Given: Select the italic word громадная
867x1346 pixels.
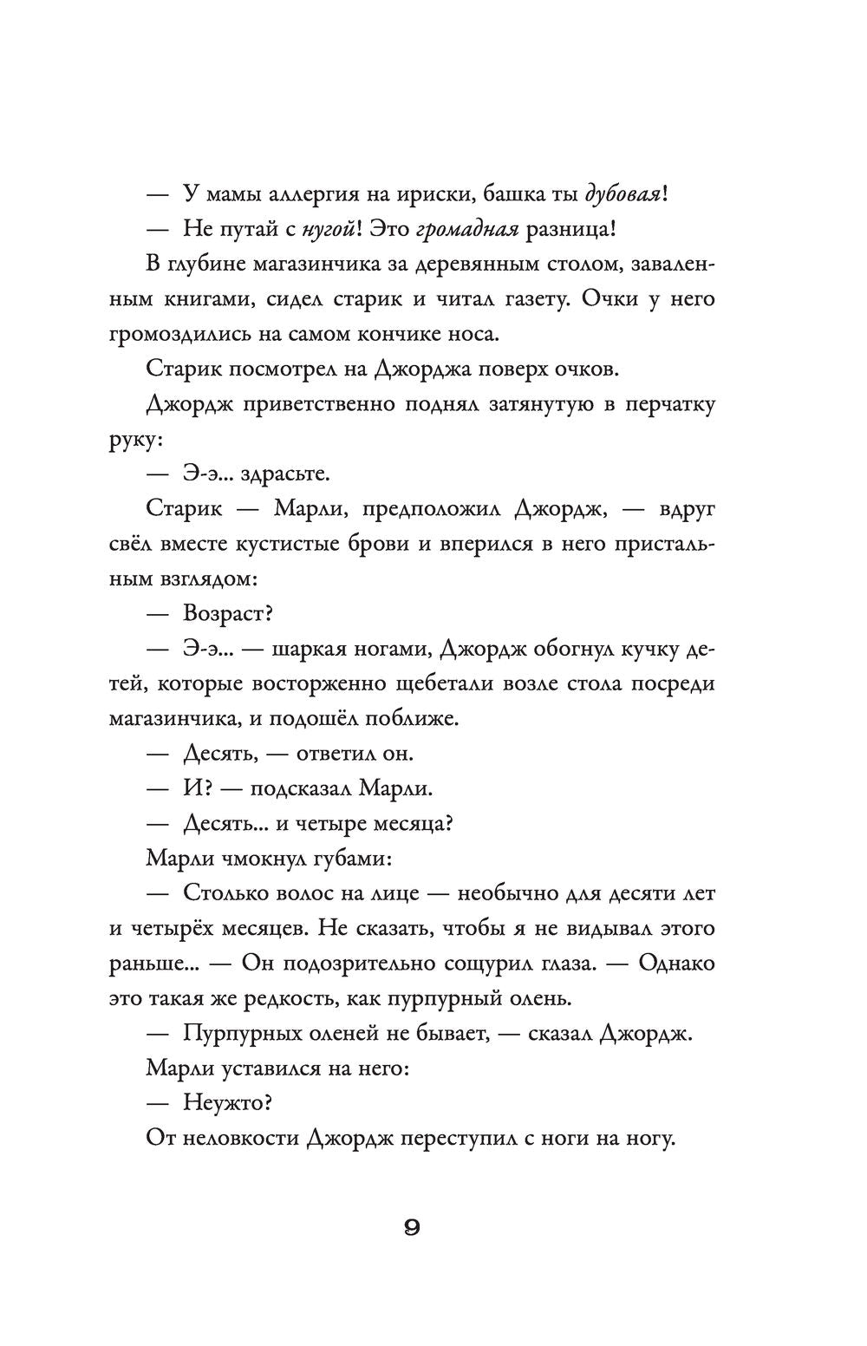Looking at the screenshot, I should coord(467,229).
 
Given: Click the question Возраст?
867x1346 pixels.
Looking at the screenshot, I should coord(228,614).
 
